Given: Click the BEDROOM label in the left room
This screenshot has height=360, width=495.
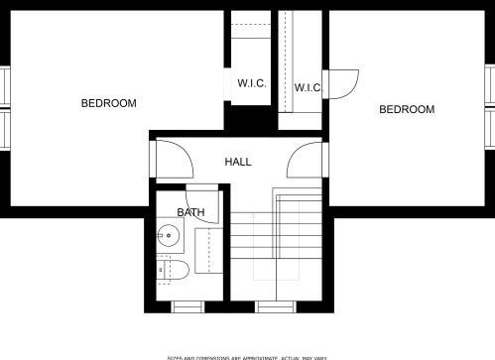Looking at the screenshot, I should tap(108, 103).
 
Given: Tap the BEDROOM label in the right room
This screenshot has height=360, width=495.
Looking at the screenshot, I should tap(407, 109).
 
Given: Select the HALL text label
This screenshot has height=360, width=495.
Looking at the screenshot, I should tap(238, 162).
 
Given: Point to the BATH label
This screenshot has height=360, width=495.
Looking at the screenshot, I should tap(191, 212).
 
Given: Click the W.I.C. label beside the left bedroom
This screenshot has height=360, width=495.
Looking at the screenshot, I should tap(251, 83).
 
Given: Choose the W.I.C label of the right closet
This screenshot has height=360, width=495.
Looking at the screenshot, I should tap(308, 88).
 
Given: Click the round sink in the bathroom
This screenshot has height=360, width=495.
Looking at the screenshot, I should tap(171, 237).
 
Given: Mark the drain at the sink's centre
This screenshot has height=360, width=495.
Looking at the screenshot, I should tap(171, 237).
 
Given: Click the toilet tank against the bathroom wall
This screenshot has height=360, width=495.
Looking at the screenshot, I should tap(162, 270).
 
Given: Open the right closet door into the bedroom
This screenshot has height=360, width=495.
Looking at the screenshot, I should tap(342, 84).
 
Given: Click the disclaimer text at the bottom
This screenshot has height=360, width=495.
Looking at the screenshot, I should tap(247, 355).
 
